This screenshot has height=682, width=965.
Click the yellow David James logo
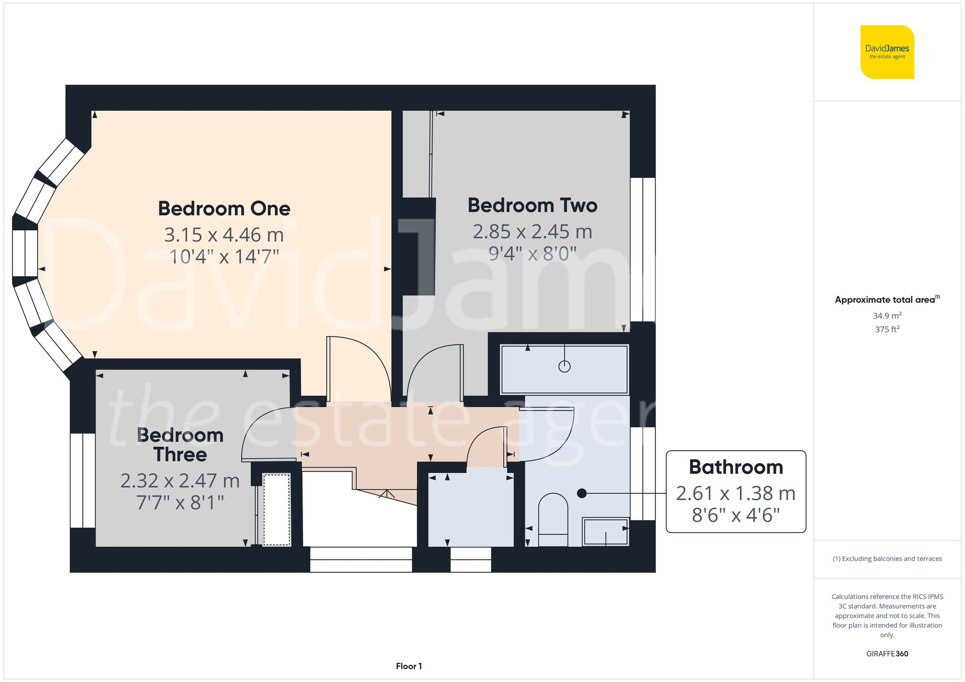(x=887, y=52)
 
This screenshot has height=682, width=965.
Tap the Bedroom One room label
(x=224, y=209)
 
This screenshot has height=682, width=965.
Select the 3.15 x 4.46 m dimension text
(x=224, y=235)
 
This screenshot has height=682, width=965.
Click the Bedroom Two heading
(x=532, y=205)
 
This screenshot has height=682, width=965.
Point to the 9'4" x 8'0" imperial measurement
(x=532, y=254)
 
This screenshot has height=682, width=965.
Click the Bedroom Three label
(x=180, y=445)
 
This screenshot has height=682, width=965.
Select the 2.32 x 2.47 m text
(x=180, y=481)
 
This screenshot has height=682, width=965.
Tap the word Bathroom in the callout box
(x=736, y=467)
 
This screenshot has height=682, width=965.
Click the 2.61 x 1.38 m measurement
(x=736, y=493)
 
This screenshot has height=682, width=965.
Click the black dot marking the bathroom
(x=582, y=493)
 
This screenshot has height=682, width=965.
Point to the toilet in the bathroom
(x=553, y=518)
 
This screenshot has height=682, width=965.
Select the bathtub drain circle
(x=565, y=366)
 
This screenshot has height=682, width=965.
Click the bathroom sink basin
(x=606, y=532)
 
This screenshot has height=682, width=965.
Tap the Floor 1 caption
(x=409, y=666)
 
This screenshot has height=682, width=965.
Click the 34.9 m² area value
(x=887, y=316)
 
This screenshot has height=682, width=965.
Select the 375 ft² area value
(x=887, y=329)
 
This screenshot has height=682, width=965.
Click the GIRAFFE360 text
(x=887, y=654)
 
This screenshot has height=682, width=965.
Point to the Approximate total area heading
(x=887, y=299)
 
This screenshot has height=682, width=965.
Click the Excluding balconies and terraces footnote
(x=887, y=559)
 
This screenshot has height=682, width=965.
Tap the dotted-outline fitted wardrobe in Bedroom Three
(x=276, y=509)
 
